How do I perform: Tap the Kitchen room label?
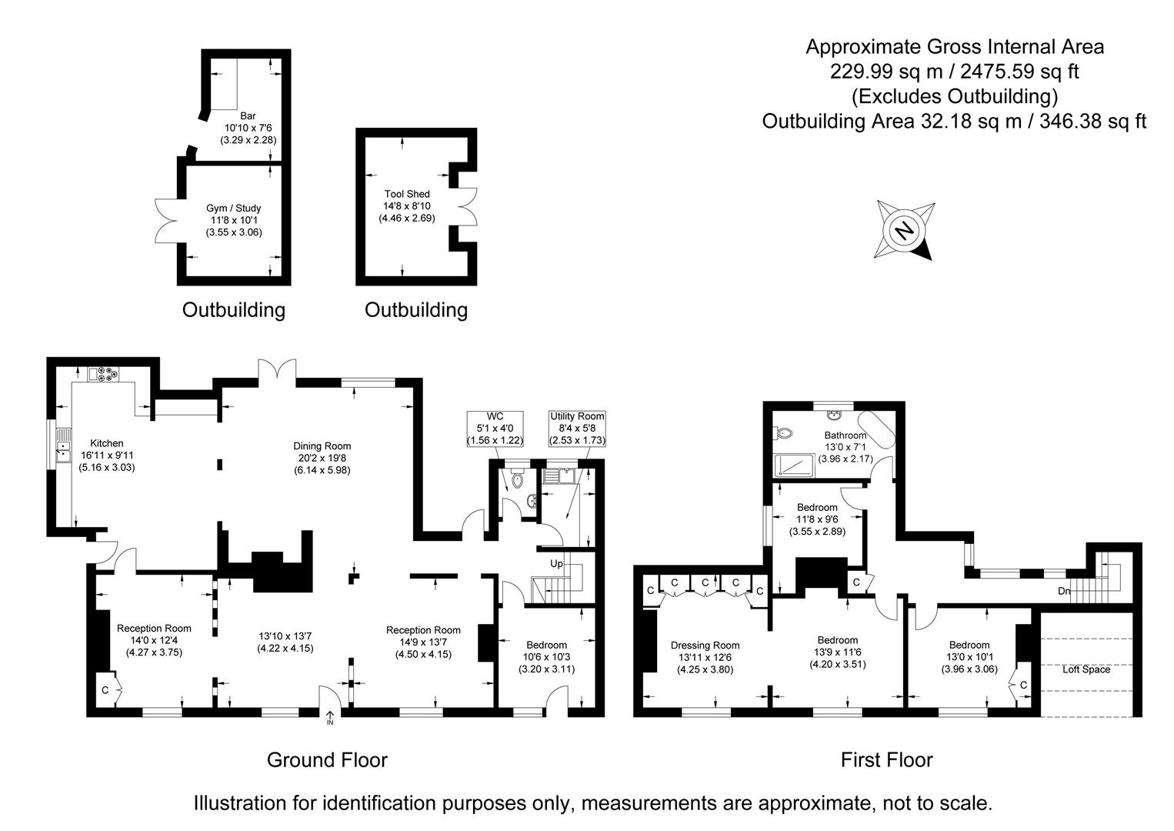tap(107, 443)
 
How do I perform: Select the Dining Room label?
tap(322, 446)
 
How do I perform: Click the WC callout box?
tap(495, 429)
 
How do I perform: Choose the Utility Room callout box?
tap(577, 429)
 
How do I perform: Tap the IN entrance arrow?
tap(330, 718)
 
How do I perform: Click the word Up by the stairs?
tap(556, 563)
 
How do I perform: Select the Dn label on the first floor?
tap(1063, 591)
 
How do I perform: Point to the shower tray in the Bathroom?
tap(794, 465)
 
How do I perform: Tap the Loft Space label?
tap(1086, 669)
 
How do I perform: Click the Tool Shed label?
tap(407, 194)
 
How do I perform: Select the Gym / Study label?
tap(234, 209)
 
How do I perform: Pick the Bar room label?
tap(248, 116)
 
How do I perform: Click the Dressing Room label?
tap(705, 645)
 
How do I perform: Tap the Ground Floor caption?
tap(327, 759)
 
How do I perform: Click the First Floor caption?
tap(887, 759)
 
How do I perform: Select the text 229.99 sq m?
tap(886, 72)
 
